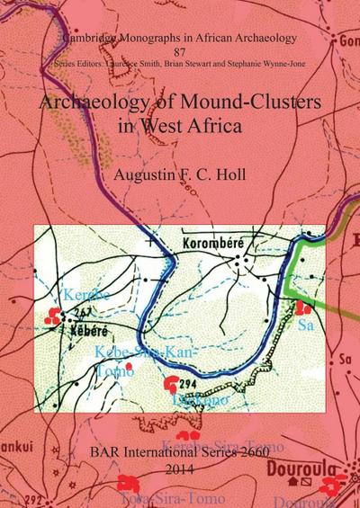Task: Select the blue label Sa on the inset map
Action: pos(305,325)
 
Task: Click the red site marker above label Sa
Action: pos(303,307)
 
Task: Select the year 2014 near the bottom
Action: pos(180,468)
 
